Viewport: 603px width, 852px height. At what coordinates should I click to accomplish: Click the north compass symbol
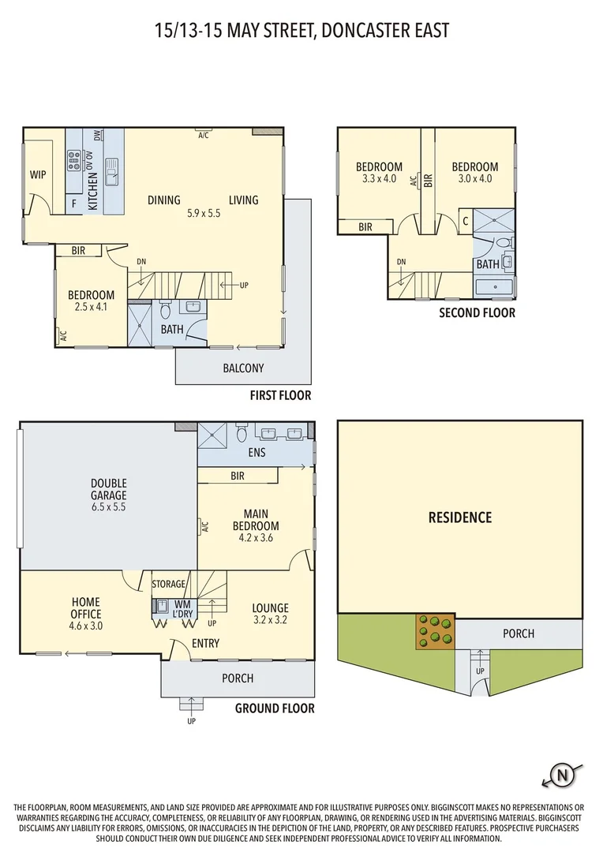(562, 774)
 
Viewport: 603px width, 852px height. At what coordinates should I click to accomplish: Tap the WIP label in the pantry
(38, 174)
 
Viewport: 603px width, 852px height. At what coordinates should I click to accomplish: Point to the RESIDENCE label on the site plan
(460, 518)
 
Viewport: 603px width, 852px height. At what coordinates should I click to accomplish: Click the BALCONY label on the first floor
(242, 368)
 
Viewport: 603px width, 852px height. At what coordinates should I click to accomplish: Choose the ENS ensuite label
(257, 453)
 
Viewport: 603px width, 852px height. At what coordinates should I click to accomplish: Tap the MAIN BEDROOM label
(256, 519)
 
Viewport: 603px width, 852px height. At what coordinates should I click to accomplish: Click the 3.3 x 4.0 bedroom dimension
(379, 178)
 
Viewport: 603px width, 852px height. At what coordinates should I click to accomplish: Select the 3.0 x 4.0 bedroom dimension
(474, 178)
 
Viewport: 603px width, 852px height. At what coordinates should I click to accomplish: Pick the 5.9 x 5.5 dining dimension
(204, 213)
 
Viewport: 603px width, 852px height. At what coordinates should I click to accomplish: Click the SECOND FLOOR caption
(478, 313)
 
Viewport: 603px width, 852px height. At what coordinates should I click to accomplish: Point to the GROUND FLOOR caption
(275, 708)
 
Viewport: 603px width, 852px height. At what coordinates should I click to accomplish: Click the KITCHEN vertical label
(92, 191)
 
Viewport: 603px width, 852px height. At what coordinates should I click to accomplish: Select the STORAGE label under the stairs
(169, 584)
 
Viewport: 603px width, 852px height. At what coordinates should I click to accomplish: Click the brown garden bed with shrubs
(435, 632)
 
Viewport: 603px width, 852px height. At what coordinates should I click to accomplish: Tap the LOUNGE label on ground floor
(270, 608)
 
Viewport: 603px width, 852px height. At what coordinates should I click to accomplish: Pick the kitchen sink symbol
(112, 166)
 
